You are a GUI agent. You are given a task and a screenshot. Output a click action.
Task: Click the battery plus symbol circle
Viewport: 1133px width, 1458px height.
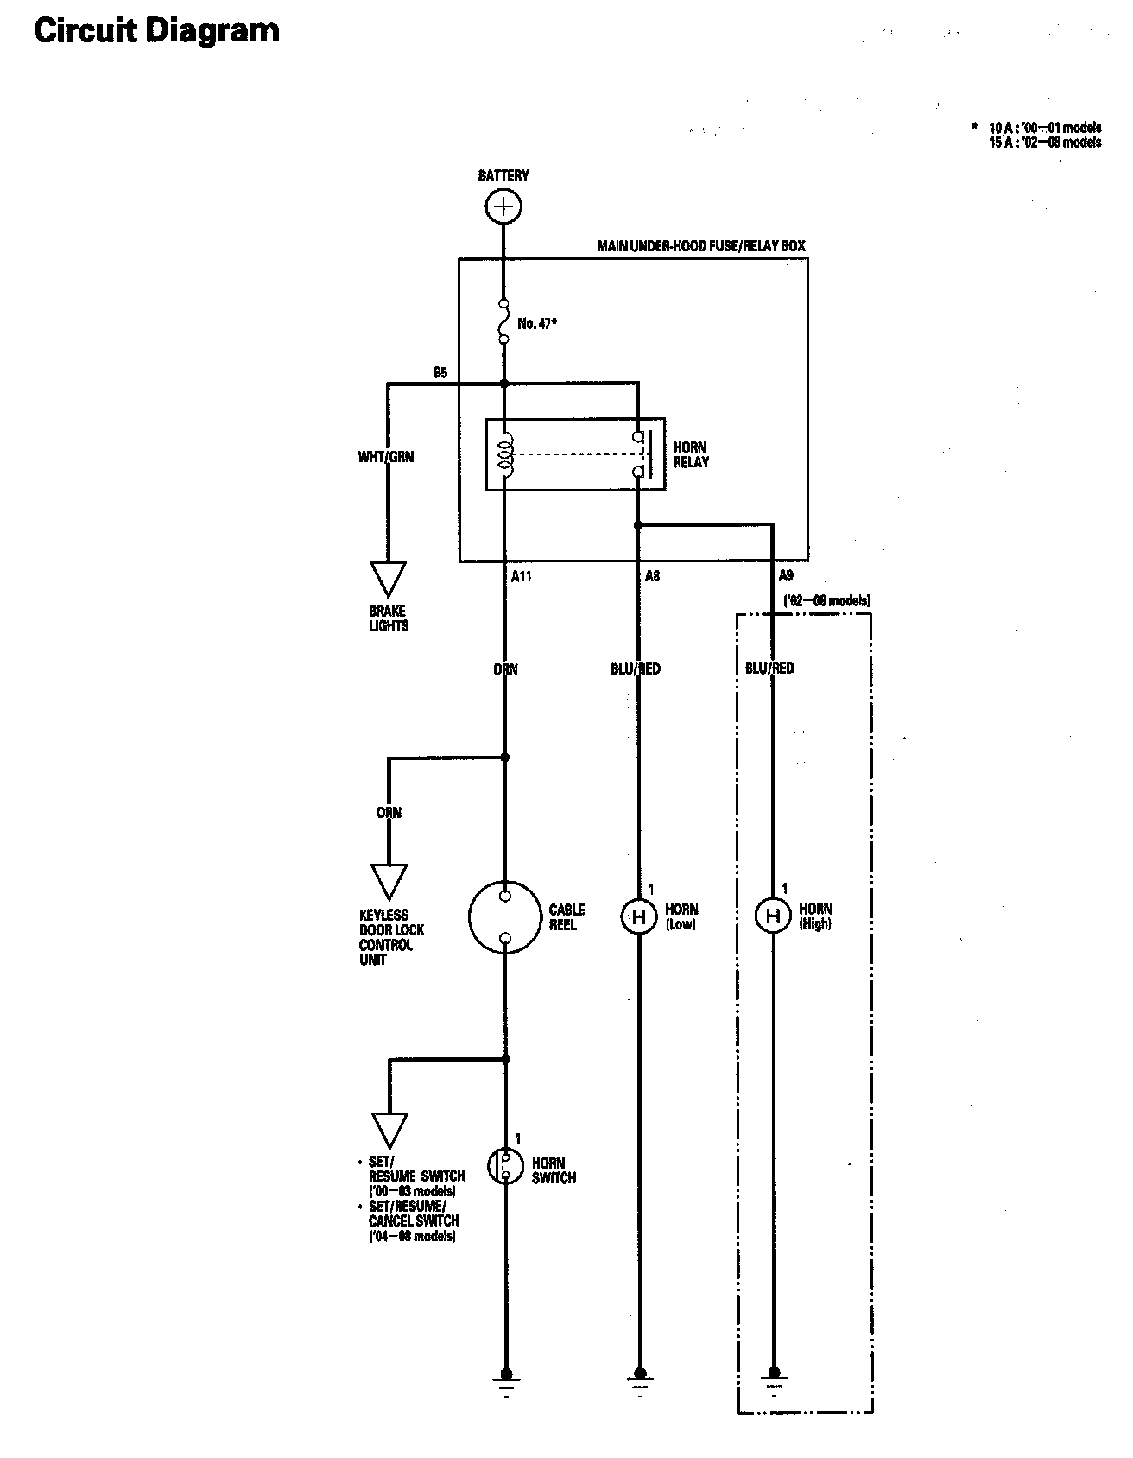click(x=503, y=206)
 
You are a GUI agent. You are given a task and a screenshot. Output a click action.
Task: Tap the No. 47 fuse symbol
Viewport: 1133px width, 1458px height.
click(x=503, y=321)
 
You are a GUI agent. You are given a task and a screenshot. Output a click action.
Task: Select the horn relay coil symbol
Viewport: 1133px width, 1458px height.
click(x=506, y=453)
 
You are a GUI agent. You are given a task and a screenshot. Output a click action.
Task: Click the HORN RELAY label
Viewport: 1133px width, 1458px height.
click(x=691, y=454)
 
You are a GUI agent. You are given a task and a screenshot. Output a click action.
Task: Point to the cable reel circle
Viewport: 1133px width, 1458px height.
click(x=505, y=916)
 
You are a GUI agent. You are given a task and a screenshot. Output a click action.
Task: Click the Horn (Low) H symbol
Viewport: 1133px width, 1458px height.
click(x=639, y=916)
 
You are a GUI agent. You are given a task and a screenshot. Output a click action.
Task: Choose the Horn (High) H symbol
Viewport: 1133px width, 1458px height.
click(x=773, y=916)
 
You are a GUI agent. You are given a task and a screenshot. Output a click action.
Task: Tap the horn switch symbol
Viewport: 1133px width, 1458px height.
click(x=506, y=1166)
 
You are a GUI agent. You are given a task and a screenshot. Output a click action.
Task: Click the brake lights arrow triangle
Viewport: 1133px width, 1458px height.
click(x=389, y=578)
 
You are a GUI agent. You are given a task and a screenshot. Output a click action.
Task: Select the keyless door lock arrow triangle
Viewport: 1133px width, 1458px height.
click(x=389, y=881)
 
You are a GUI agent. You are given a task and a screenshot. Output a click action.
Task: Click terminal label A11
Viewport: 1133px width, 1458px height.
click(x=521, y=576)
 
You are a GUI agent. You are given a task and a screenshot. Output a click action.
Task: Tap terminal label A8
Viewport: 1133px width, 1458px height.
click(x=652, y=576)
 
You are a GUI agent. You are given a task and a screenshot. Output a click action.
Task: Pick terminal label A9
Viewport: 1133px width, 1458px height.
click(x=786, y=576)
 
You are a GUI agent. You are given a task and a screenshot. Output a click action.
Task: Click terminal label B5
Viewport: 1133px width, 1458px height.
click(x=440, y=373)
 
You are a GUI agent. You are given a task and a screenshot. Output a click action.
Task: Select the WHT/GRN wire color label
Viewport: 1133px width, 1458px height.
click(x=386, y=456)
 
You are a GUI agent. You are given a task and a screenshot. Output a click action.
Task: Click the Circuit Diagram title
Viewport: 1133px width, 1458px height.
click(x=156, y=31)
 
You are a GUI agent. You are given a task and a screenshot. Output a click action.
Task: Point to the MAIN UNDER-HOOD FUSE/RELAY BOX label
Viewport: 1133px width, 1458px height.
click(x=701, y=246)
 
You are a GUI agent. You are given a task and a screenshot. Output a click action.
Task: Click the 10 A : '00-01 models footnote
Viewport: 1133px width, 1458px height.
click(x=1045, y=128)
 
